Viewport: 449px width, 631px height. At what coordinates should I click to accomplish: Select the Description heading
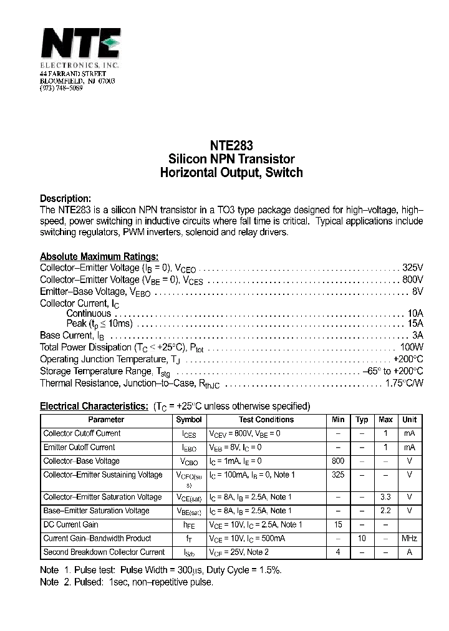coord(65,198)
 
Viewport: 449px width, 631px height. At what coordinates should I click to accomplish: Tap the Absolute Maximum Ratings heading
coord(99,256)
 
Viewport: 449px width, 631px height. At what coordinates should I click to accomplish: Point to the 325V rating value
coord(412,267)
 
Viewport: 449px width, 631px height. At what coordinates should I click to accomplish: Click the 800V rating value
coord(412,279)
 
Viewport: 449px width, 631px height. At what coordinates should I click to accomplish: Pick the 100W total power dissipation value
coord(412,347)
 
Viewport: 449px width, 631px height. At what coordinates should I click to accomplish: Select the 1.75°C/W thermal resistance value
coord(405,383)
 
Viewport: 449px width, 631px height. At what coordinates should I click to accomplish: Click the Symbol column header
coord(189,420)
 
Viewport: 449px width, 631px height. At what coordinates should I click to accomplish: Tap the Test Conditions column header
coord(266,420)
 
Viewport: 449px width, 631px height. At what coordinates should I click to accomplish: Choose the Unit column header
coord(409,420)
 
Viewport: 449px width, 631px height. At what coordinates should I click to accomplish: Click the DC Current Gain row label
coord(70,524)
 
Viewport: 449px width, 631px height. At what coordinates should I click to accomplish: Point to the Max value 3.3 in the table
coord(385,497)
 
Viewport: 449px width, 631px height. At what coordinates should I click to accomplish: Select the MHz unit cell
coord(409,538)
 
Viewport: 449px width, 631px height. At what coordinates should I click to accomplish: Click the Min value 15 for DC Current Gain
coord(338,524)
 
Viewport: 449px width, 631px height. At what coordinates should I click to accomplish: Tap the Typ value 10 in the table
coord(362,538)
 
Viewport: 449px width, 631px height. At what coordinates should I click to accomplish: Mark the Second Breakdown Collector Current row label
coord(104,552)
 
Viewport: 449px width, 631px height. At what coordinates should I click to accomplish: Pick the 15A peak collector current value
coord(415,324)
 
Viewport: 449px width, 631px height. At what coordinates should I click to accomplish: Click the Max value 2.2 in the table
coord(385,511)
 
